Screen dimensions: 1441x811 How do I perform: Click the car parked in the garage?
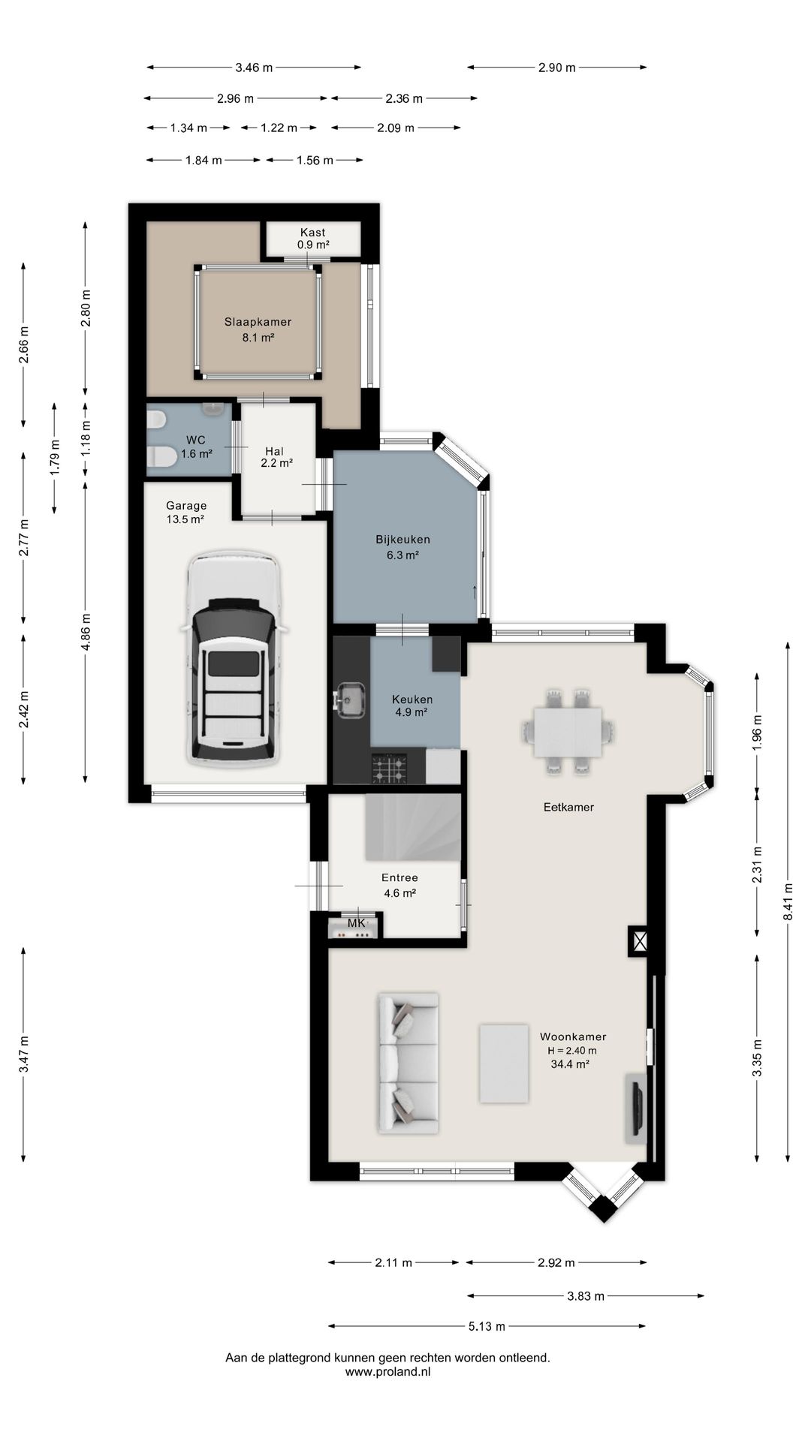(232, 660)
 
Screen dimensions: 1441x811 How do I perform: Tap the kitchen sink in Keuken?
(351, 699)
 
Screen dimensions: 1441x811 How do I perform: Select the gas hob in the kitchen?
(390, 769)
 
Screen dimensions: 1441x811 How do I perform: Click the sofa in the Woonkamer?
(408, 1062)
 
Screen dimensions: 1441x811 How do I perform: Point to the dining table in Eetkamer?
(568, 732)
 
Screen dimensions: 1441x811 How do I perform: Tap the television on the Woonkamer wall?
(636, 1107)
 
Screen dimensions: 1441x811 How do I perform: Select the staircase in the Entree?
(412, 829)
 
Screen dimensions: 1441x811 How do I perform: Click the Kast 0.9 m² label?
(313, 239)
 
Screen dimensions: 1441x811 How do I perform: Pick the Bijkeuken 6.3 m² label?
(403, 547)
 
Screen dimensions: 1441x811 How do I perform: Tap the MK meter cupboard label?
(356, 923)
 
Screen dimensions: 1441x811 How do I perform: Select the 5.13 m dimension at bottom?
(487, 1326)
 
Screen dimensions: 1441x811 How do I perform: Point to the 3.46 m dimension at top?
(254, 68)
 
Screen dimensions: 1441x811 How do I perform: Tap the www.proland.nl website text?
(387, 1371)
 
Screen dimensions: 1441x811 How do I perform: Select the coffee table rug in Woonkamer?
(504, 1063)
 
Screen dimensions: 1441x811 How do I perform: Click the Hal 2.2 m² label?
(276, 457)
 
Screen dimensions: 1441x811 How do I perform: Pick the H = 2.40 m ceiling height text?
(572, 1050)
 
